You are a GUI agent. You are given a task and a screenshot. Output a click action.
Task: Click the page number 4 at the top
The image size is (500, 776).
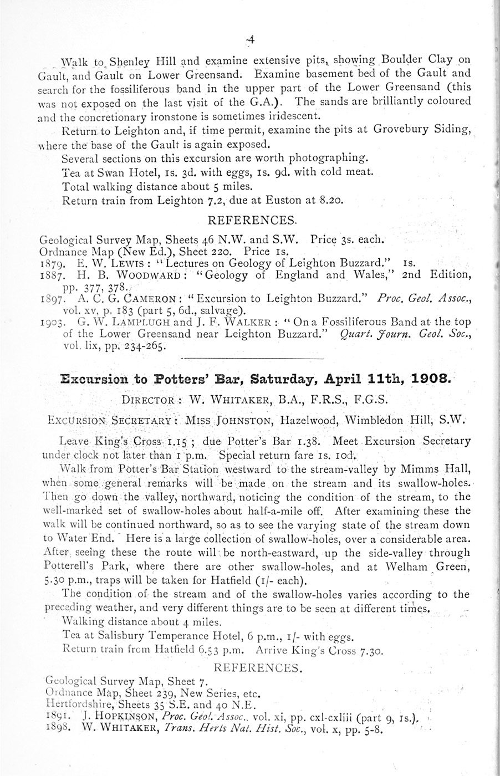[251, 39]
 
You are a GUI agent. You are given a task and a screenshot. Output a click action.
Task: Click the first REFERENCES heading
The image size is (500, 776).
[250, 220]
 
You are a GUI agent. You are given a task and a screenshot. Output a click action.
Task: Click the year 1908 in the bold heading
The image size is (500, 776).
[428, 380]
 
